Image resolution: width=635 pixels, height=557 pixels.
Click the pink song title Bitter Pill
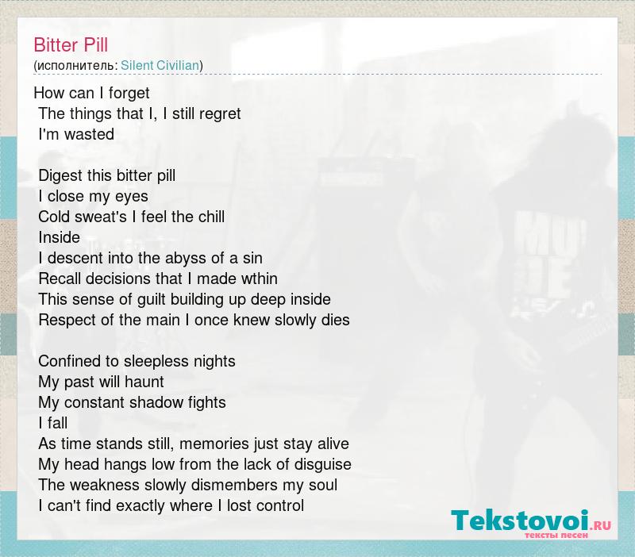(x=71, y=45)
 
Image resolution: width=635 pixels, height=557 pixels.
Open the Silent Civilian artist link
(x=160, y=66)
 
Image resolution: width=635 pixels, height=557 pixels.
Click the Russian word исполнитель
(x=75, y=66)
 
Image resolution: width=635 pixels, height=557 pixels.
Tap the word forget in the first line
(x=129, y=94)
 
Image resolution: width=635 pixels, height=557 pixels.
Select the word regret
(x=221, y=114)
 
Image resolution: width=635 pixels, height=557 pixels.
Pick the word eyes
(x=132, y=197)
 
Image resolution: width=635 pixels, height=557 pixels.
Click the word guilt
(x=152, y=300)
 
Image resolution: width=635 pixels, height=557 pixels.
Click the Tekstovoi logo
(x=531, y=521)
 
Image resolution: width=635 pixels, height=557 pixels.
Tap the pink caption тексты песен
(x=556, y=536)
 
